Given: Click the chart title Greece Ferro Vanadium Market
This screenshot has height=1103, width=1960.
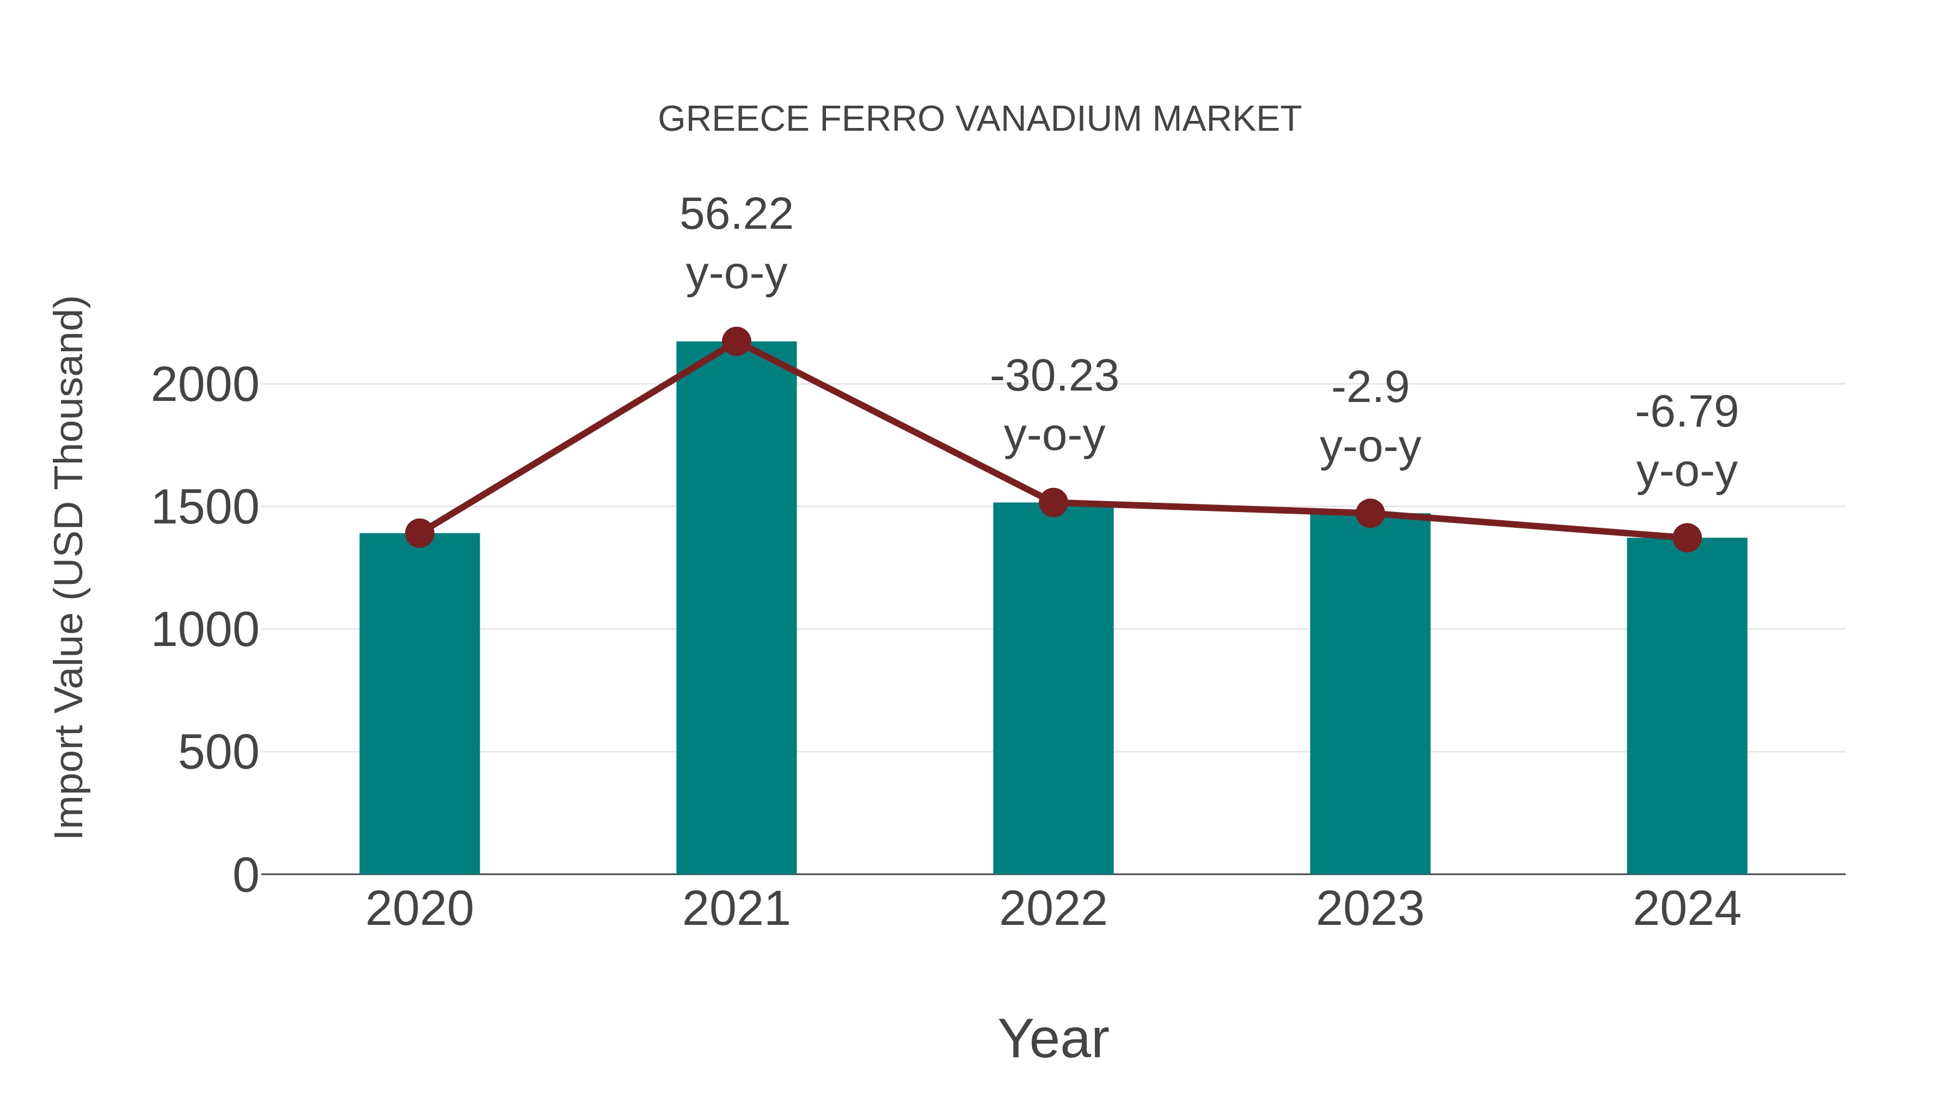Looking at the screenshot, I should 979,119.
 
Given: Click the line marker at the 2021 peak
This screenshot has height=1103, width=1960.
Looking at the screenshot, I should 736,342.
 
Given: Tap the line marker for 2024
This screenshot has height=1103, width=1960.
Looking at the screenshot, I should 1687,538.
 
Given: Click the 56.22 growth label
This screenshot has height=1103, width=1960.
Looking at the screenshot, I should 736,214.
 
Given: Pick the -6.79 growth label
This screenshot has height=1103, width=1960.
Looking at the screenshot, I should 1687,412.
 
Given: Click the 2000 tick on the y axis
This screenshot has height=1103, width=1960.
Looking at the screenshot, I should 205,385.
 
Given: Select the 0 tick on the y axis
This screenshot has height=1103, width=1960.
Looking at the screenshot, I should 245,875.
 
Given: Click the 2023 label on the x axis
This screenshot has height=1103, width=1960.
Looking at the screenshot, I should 1370,909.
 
